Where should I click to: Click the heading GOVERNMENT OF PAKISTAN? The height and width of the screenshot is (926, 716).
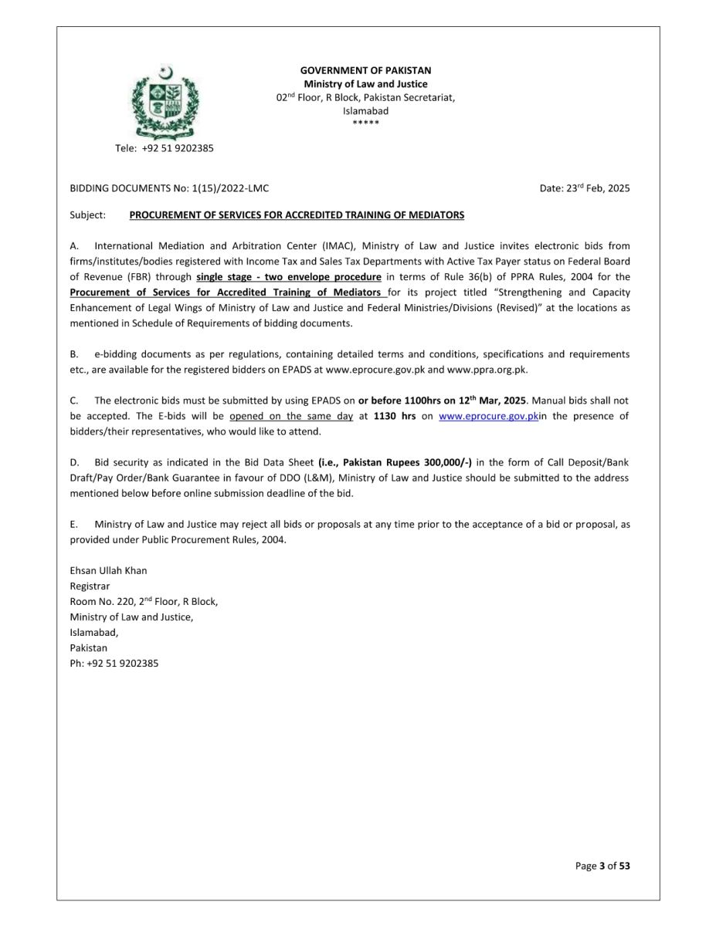[365, 70]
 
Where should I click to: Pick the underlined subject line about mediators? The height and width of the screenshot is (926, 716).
[297, 215]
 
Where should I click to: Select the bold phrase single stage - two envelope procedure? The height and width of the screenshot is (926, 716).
[289, 277]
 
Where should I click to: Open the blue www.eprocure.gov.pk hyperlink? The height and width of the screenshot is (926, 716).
[488, 416]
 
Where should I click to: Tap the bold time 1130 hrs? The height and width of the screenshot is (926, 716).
[395, 416]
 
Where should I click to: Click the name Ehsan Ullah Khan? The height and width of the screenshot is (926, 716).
[108, 570]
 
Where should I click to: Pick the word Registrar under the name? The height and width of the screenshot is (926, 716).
[90, 586]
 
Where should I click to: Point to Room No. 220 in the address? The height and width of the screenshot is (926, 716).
[102, 601]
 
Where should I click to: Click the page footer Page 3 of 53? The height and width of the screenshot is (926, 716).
[602, 866]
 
